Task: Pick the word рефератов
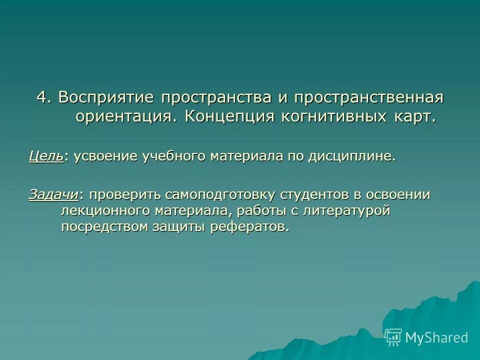(x=250, y=226)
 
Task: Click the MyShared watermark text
(x=436, y=337)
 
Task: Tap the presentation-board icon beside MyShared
(x=393, y=337)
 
